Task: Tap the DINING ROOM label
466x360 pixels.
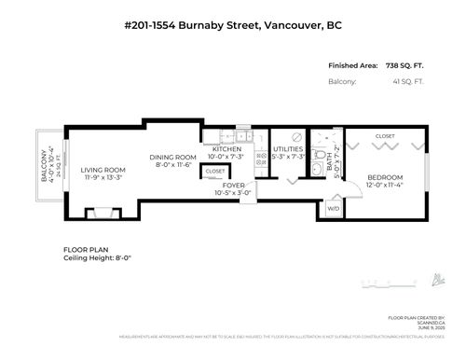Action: tap(174, 158)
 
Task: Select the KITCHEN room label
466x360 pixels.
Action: tap(227, 149)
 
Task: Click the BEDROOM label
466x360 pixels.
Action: tap(384, 177)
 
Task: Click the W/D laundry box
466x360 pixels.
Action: tap(333, 209)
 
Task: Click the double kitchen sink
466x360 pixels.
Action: tap(241, 135)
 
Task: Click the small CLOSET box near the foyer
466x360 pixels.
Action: tap(214, 172)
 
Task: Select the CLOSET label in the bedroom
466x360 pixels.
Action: tap(384, 137)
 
